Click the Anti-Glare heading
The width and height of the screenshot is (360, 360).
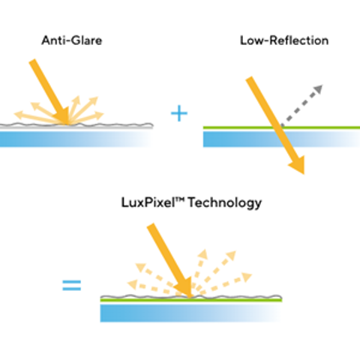[x=72, y=40]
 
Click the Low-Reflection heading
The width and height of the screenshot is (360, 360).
[x=284, y=40]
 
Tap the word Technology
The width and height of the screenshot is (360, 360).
[x=225, y=202]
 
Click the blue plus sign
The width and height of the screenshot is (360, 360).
[x=179, y=113]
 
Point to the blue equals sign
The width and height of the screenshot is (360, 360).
[x=72, y=285]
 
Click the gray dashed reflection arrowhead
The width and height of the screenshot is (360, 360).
[x=318, y=89]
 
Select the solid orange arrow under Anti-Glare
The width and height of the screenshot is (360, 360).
[x=50, y=91]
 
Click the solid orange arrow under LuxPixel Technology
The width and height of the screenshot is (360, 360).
[x=170, y=260]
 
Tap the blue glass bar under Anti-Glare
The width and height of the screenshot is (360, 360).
[x=76, y=139]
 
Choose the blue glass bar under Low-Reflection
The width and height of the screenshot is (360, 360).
[x=281, y=139]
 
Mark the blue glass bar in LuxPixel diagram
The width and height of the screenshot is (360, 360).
[x=191, y=313]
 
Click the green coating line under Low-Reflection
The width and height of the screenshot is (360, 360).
[x=281, y=127]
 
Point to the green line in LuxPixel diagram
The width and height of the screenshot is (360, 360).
[x=191, y=300]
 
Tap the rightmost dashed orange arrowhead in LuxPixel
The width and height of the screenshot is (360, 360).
[x=247, y=277]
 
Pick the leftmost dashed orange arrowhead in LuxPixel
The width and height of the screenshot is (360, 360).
[x=133, y=284]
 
